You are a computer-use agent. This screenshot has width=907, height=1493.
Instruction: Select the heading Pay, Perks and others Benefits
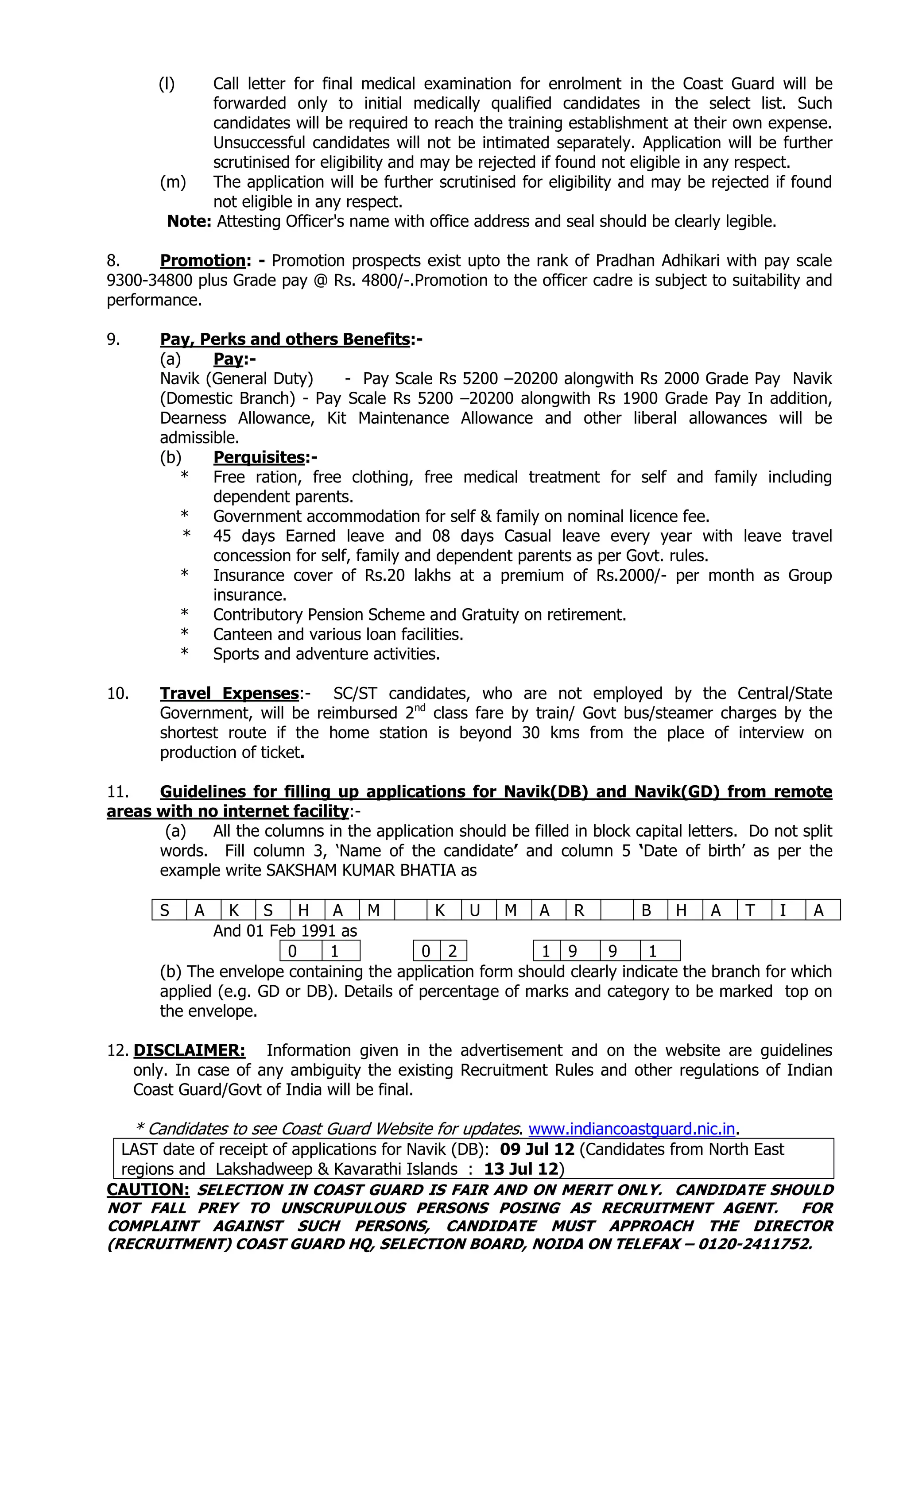point(284,339)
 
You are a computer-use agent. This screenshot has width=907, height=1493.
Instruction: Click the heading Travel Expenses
point(229,694)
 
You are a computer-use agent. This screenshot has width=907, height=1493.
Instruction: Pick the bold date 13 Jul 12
point(520,1169)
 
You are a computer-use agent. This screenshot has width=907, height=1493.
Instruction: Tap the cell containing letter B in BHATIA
point(646,910)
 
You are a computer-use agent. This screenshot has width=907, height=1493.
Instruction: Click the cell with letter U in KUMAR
point(474,910)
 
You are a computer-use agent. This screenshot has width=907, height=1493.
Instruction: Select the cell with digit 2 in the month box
point(452,951)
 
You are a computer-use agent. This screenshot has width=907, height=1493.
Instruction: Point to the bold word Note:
point(189,222)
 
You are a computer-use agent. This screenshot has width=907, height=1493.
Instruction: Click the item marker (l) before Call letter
point(166,84)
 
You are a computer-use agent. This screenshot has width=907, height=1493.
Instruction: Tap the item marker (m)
point(173,182)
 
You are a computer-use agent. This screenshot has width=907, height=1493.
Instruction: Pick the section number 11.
point(118,792)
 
